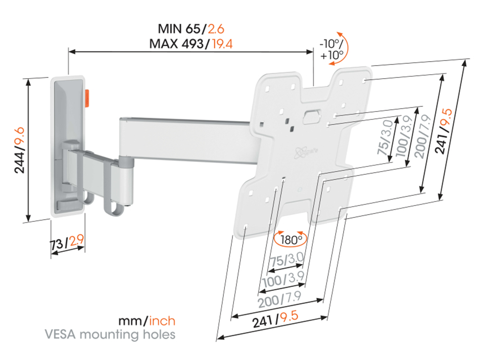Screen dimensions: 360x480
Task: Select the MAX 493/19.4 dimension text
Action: pyautogui.click(x=190, y=43)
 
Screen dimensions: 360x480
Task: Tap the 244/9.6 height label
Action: pyautogui.click(x=19, y=150)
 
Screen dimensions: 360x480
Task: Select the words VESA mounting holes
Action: pyautogui.click(x=110, y=334)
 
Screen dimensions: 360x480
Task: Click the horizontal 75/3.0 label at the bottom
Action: pyautogui.click(x=286, y=261)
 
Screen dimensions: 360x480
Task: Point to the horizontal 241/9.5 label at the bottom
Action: pyautogui.click(x=276, y=319)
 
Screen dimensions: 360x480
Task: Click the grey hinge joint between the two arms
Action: pyautogui.click(x=126, y=164)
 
